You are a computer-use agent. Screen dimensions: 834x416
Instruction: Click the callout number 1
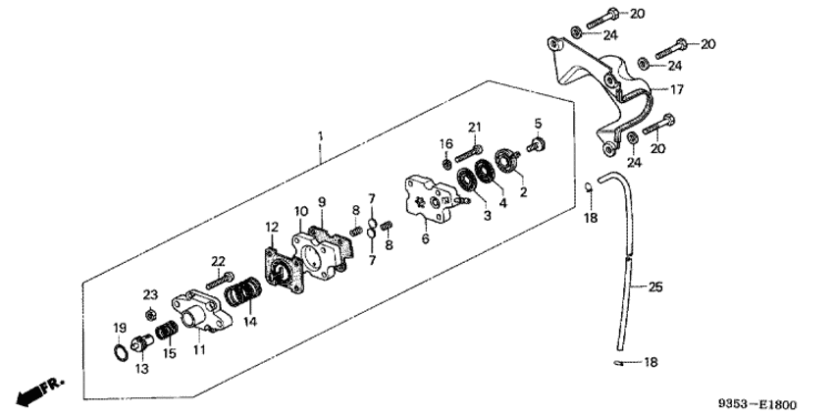(320, 136)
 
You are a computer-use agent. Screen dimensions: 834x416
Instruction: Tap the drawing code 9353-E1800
(757, 405)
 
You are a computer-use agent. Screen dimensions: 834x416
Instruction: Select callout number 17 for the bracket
(677, 90)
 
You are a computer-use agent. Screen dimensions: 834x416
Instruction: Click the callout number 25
(655, 287)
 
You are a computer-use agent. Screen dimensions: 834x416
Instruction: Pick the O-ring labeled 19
(121, 351)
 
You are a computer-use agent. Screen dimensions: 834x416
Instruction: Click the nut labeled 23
(150, 315)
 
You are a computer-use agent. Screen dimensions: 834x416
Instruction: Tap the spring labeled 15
(167, 331)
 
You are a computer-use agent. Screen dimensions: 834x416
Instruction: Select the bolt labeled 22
(220, 281)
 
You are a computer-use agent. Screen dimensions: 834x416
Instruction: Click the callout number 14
(250, 322)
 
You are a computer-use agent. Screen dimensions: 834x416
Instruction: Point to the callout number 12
(272, 228)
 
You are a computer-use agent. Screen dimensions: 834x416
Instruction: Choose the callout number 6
(426, 238)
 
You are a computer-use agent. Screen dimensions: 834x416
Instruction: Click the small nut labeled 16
(447, 163)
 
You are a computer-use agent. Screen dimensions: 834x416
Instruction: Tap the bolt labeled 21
(469, 153)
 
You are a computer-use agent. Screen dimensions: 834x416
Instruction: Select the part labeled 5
(538, 145)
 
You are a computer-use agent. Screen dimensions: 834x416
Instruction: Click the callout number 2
(523, 192)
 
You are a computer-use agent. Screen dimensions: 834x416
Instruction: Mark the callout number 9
(322, 202)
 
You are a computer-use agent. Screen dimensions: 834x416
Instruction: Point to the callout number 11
(199, 349)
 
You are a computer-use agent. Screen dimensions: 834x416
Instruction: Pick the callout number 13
(142, 368)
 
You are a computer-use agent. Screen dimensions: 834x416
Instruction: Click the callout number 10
(301, 211)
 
